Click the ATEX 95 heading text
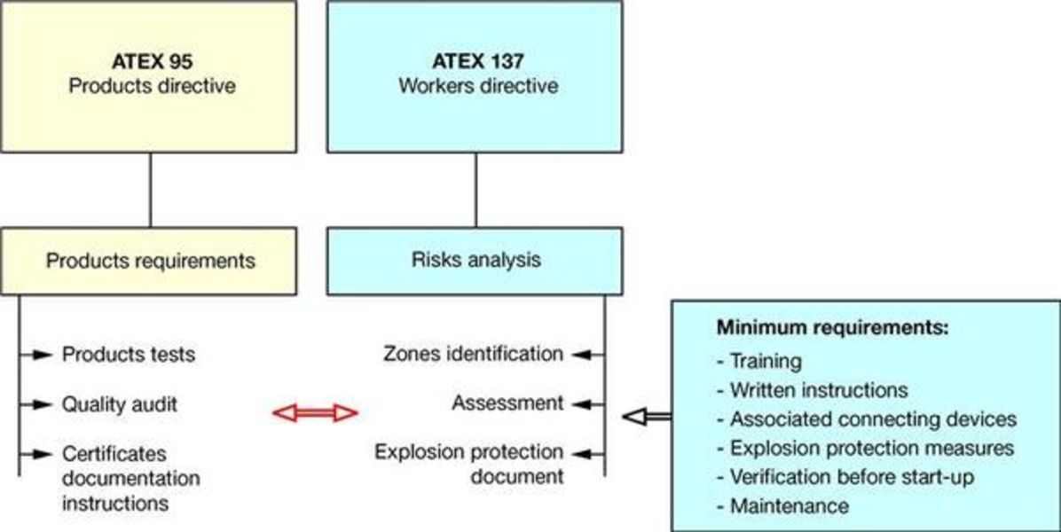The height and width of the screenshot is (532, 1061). (x=150, y=63)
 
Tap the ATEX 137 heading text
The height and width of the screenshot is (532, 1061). (x=477, y=63)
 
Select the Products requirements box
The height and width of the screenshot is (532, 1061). (x=150, y=261)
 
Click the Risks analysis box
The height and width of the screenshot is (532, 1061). (x=475, y=261)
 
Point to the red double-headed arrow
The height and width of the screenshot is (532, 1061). (x=314, y=412)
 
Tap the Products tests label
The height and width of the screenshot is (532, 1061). (x=128, y=355)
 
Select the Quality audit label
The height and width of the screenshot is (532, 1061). (x=119, y=404)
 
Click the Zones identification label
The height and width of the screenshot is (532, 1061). (x=473, y=354)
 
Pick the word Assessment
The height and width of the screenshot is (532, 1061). (x=507, y=403)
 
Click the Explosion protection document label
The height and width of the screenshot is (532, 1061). (x=469, y=464)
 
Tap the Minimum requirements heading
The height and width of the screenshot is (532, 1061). (x=832, y=327)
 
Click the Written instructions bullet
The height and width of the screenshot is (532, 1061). (x=818, y=390)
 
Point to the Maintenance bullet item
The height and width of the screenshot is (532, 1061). (x=788, y=506)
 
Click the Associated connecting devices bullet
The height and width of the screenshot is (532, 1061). (x=872, y=419)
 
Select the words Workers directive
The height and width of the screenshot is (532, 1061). (x=478, y=87)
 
